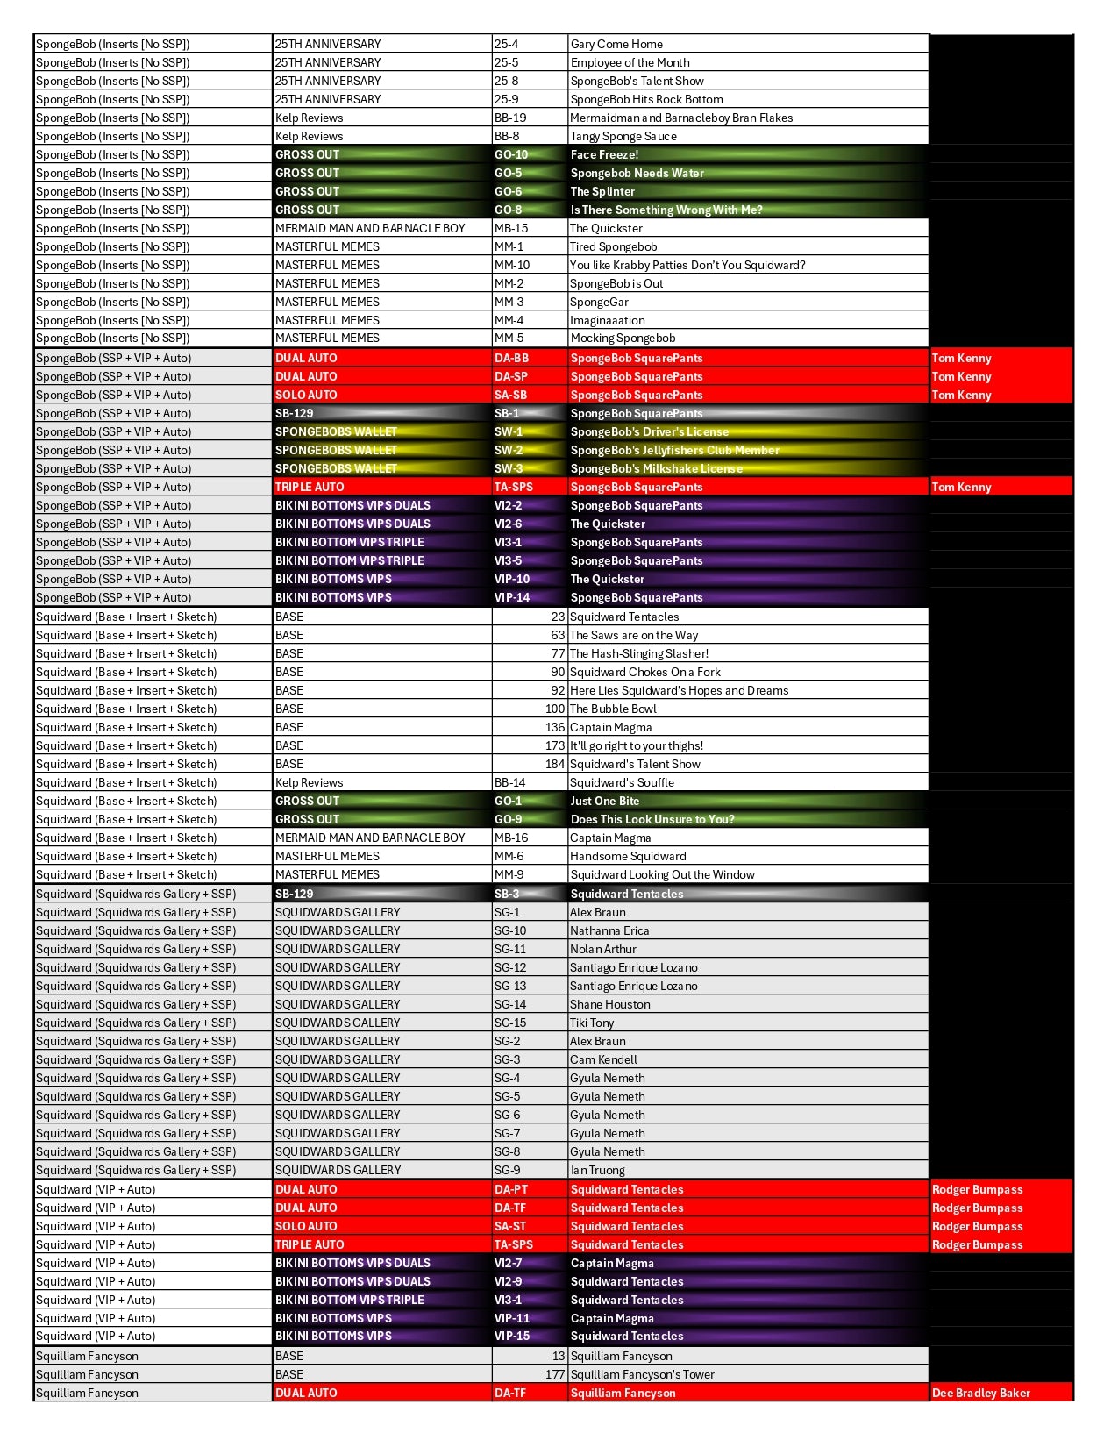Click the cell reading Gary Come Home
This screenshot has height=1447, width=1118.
tap(616, 44)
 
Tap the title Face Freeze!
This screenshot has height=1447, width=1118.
tap(604, 154)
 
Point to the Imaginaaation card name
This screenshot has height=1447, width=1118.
tap(608, 320)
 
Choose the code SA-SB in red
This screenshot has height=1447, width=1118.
tap(511, 395)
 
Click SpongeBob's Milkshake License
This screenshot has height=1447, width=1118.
tap(656, 468)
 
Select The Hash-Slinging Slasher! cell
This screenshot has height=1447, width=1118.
tap(639, 653)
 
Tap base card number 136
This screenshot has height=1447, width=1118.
tap(554, 727)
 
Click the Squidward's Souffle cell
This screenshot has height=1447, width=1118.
tap(622, 782)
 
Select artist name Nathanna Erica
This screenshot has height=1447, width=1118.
tap(609, 930)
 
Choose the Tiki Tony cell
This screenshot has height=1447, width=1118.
tap(592, 1023)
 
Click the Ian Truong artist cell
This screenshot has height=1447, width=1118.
tap(597, 1170)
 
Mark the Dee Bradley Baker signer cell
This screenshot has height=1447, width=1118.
tap(980, 1393)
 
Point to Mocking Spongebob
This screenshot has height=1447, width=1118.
tap(623, 338)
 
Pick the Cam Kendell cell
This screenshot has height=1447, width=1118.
tap(603, 1059)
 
